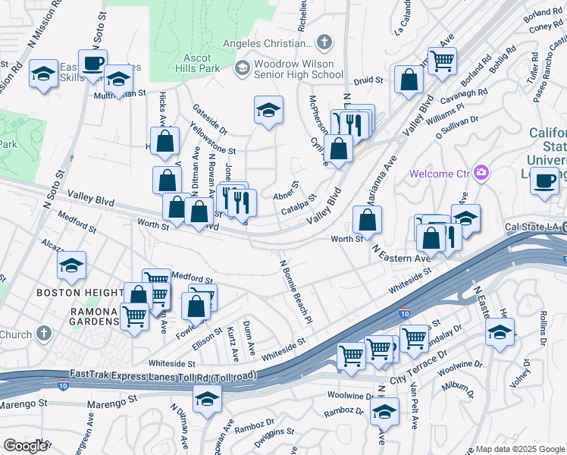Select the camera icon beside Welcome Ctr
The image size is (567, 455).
coord(481,173)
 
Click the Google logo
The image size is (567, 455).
coord(25,446)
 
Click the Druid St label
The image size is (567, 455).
coord(369,79)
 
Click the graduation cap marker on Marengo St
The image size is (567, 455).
coord(207,398)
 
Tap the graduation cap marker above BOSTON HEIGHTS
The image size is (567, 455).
coord(71,265)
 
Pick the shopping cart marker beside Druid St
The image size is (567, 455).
coord(443,60)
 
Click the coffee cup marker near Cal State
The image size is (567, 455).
coord(545,180)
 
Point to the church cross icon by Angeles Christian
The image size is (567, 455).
coord(324,42)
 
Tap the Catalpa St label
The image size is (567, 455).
coord(298,204)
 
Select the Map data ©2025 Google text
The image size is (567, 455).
coord(519,449)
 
